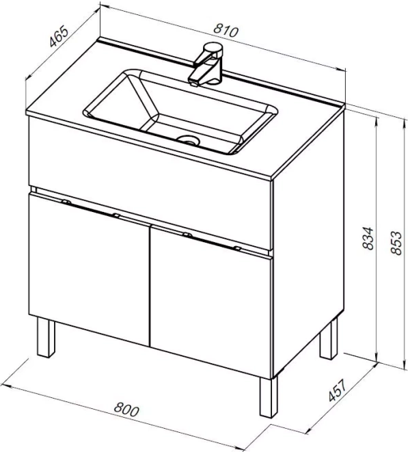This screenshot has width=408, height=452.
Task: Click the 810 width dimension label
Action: (x=226, y=31)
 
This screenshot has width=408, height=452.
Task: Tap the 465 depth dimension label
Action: (x=59, y=37)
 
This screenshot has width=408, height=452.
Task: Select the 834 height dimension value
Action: (x=368, y=238)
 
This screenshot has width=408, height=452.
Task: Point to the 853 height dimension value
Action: (x=396, y=243)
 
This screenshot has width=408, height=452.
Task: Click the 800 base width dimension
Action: (x=126, y=410)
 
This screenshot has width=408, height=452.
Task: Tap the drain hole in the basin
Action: (x=189, y=140)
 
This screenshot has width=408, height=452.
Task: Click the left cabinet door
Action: (x=89, y=269)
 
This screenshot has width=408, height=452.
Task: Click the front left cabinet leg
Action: (x=46, y=338)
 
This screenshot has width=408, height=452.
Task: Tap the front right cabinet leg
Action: (x=269, y=397)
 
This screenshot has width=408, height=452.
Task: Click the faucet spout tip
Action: (x=193, y=84)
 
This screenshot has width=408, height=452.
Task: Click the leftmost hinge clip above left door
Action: (x=66, y=202)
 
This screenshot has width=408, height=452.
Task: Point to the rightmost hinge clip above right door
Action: (x=237, y=248)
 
